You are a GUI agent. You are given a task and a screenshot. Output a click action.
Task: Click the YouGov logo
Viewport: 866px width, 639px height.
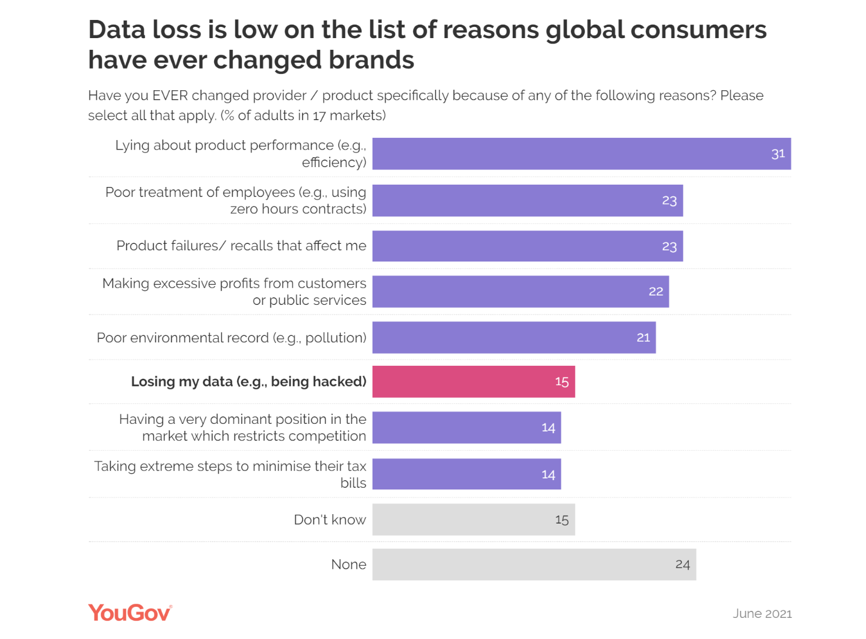(130, 613)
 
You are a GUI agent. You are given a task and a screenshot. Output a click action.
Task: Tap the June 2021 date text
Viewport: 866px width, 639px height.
(762, 613)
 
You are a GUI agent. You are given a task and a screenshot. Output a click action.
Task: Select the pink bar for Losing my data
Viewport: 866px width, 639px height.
(473, 382)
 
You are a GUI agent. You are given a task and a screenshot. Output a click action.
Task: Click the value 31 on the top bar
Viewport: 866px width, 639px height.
(778, 154)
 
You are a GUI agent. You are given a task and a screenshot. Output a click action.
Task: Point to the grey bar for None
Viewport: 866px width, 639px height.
(534, 565)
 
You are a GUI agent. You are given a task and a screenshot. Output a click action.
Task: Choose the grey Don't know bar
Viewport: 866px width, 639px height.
(473, 519)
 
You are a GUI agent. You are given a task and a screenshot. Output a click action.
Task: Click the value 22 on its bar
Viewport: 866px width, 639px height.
(656, 291)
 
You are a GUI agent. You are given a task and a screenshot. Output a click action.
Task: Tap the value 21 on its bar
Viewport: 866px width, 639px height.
(643, 338)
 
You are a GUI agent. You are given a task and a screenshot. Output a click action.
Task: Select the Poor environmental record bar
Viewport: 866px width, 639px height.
(514, 338)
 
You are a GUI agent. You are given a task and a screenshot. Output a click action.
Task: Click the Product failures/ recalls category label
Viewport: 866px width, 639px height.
(241, 246)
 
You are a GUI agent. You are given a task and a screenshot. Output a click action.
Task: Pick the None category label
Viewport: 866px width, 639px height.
(349, 565)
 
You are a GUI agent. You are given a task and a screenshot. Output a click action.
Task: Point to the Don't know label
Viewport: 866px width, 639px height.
(330, 519)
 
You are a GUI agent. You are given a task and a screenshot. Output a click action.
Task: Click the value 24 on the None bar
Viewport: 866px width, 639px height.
(682, 565)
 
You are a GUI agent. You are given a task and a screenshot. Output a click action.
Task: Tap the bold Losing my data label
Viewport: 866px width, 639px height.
(248, 382)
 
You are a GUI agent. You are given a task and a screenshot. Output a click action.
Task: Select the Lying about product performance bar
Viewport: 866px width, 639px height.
(581, 154)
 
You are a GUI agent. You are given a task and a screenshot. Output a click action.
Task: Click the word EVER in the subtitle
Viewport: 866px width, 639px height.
(170, 96)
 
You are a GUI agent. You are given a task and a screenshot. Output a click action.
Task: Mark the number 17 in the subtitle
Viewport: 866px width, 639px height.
(319, 115)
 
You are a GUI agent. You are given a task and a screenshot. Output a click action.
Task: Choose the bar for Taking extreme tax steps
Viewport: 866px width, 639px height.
(466, 474)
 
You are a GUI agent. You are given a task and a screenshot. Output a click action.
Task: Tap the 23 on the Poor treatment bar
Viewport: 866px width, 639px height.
(669, 200)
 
